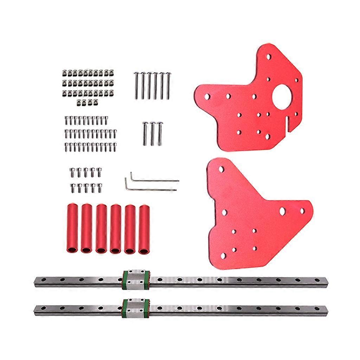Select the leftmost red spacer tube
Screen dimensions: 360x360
click(71, 229)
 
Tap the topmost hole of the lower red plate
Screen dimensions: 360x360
click(221, 169)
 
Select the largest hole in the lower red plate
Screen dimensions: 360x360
click(282, 211)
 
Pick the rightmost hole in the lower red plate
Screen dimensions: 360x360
click(302, 211)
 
